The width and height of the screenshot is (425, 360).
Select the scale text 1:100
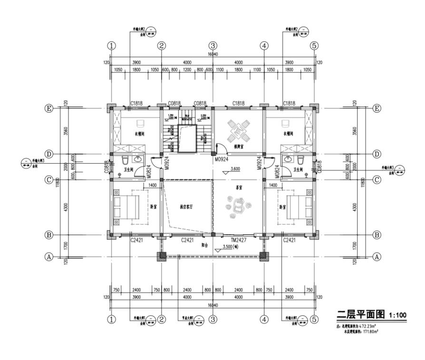(x=397, y=315)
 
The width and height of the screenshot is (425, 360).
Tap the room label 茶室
(x=239, y=187)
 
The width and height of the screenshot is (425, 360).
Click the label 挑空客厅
(x=189, y=207)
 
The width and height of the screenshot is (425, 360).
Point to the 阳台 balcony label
(x=205, y=245)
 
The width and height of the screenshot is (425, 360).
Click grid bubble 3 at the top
(x=213, y=46)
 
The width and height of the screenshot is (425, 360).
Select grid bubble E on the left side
(x=48, y=108)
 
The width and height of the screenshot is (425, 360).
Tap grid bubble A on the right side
(x=377, y=257)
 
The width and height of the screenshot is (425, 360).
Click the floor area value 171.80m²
(x=369, y=331)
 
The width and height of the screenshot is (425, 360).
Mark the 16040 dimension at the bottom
(x=212, y=305)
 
